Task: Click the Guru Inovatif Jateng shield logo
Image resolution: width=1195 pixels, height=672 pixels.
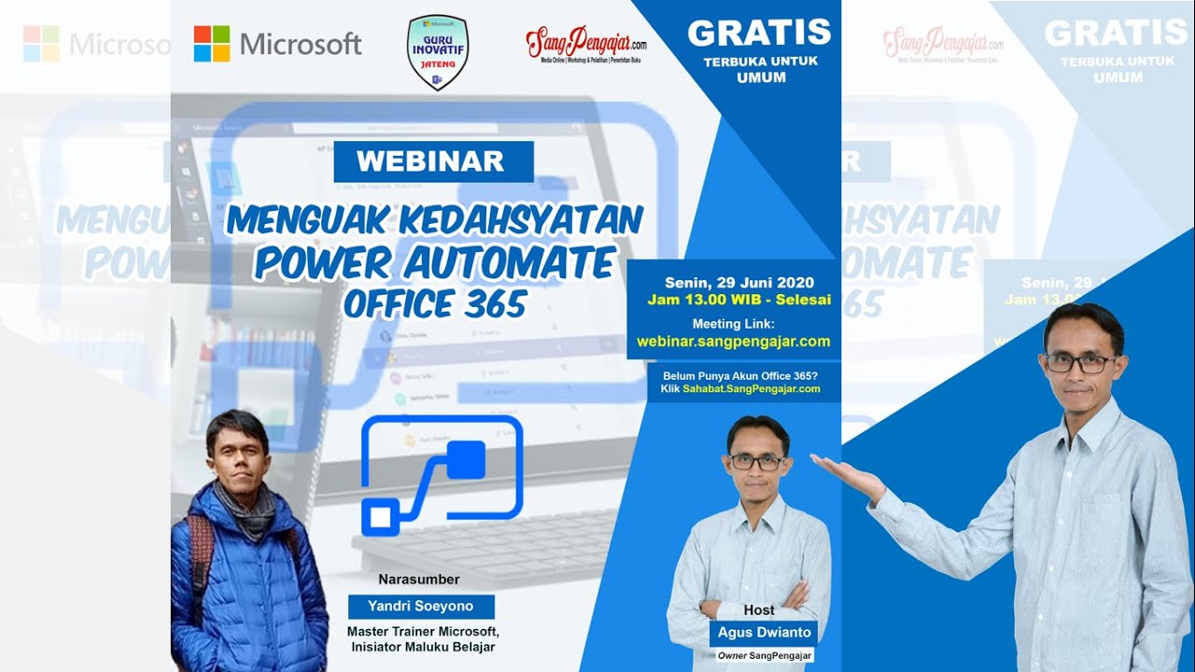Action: [x=438, y=51]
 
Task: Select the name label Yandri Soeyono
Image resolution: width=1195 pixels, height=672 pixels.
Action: [x=420, y=606]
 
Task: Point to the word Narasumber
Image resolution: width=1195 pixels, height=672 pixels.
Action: [x=419, y=579]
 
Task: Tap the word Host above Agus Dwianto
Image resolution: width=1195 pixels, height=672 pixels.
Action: [x=759, y=609]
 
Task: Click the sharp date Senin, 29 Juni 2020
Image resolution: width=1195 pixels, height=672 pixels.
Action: [x=739, y=283]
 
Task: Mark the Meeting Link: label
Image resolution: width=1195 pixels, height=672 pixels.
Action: [x=733, y=323]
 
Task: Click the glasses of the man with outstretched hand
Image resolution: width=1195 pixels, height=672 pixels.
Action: [x=1081, y=363]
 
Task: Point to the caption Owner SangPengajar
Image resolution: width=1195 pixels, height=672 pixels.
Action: [x=765, y=656]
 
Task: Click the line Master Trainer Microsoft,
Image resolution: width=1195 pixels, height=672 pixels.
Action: [x=423, y=632]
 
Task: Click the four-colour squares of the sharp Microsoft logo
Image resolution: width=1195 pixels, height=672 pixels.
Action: [x=212, y=44]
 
